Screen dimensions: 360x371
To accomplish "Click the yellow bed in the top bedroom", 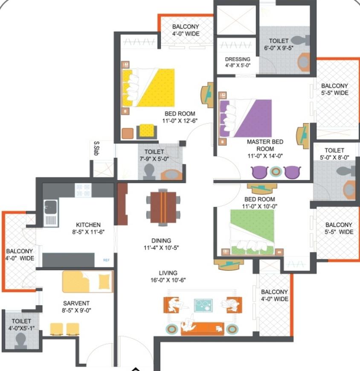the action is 148,88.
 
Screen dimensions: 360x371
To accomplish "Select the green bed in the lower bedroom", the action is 253,232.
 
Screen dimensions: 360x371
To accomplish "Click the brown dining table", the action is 163,208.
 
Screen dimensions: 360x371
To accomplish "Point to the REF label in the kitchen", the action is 106,260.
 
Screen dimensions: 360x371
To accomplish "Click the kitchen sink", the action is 51,213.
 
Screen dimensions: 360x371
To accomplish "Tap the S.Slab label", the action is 96,148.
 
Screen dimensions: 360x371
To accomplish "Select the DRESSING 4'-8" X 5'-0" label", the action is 238,62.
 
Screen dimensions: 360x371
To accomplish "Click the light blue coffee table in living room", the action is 203,305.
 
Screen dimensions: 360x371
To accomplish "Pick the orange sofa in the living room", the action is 202,329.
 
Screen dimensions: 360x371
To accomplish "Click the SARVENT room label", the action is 76,303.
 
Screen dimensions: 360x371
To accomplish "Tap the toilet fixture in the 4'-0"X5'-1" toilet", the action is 20,340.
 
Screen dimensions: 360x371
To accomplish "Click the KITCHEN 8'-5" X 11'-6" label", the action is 88,228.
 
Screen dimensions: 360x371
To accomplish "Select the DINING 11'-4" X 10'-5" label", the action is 161,244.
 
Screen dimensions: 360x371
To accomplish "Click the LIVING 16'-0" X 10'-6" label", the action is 168,276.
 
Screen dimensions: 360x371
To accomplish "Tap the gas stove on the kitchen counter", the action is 83,190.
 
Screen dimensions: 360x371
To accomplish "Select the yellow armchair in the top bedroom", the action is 147,131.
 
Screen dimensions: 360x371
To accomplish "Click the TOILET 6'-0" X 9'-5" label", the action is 279,44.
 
